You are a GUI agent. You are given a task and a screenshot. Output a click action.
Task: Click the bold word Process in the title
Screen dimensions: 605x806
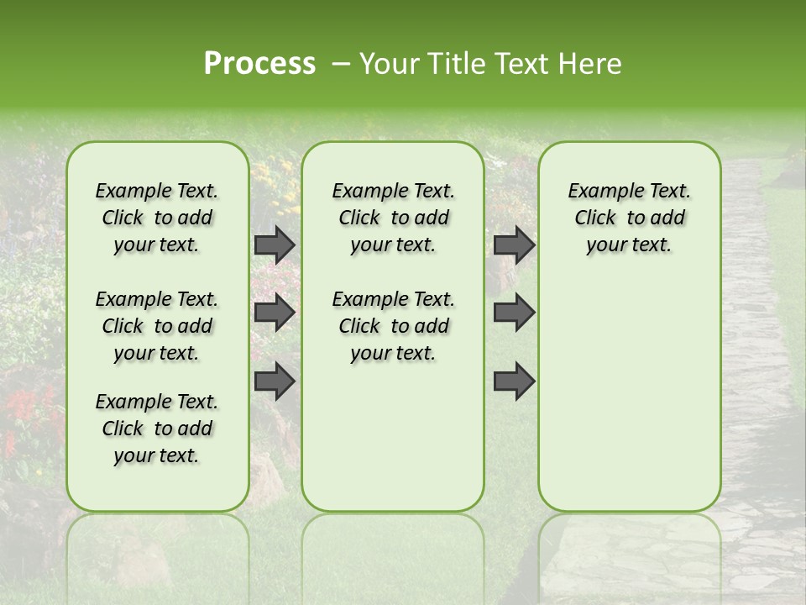pyautogui.click(x=259, y=64)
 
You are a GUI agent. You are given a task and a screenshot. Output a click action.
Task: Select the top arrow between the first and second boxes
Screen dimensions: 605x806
pyautogui.click(x=275, y=245)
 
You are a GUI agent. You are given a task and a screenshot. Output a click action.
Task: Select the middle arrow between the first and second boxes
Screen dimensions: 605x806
pyautogui.click(x=275, y=313)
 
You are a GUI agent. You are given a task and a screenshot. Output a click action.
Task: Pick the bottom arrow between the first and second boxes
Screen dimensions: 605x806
pyautogui.click(x=275, y=381)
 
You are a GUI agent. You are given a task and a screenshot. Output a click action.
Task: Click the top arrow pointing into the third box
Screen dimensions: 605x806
pyautogui.click(x=514, y=245)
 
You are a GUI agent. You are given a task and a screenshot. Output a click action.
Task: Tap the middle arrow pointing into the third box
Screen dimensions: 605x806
pyautogui.click(x=514, y=313)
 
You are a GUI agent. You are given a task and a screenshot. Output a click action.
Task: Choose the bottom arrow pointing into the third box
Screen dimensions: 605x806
pyautogui.click(x=514, y=381)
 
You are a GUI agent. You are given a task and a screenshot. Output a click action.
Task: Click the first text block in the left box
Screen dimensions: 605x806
pyautogui.click(x=157, y=218)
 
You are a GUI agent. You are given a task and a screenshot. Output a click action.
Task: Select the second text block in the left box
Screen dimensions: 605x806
pyautogui.click(x=157, y=326)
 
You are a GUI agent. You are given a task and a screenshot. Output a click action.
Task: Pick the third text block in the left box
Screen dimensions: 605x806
pyautogui.click(x=157, y=429)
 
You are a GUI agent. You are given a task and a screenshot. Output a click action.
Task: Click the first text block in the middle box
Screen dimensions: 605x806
pyautogui.click(x=394, y=218)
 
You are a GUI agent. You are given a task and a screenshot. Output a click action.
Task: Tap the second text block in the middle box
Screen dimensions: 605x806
pyautogui.click(x=394, y=326)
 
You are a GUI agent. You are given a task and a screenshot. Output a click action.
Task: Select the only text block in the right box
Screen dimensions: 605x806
pyautogui.click(x=630, y=218)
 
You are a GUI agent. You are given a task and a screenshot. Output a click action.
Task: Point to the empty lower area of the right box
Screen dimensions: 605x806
pyautogui.click(x=630, y=387)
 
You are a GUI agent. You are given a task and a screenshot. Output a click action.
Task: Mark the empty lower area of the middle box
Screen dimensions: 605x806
pyautogui.click(x=393, y=437)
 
